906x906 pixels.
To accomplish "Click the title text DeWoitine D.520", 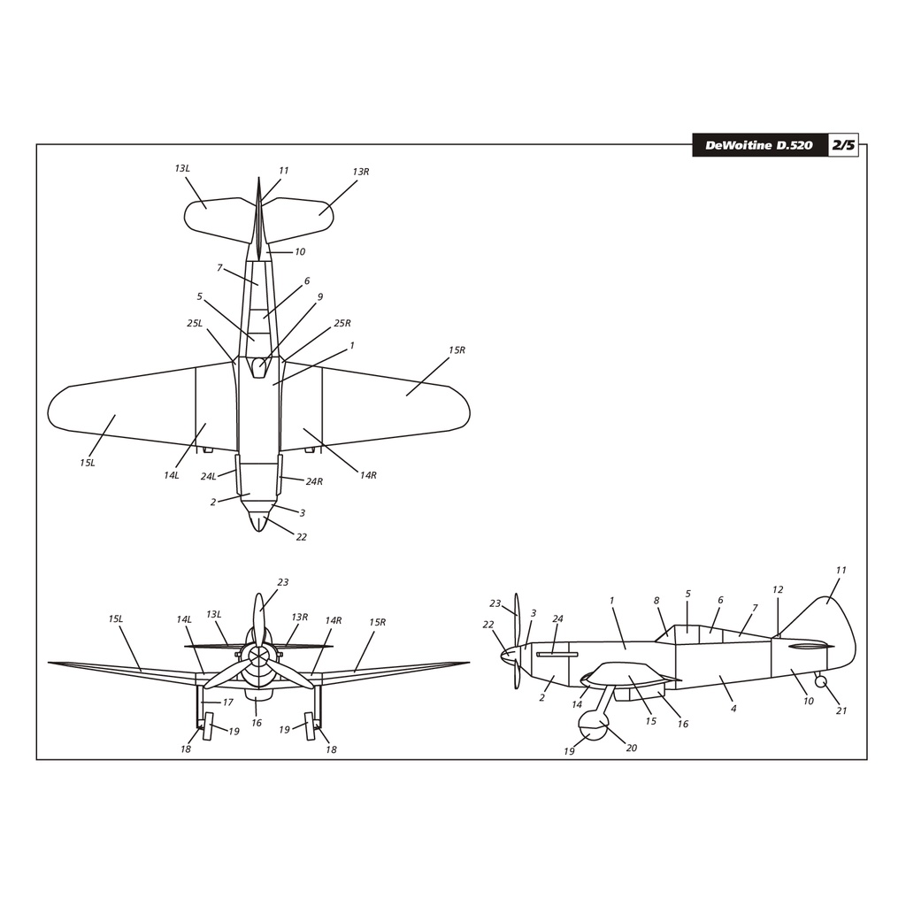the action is (758, 146).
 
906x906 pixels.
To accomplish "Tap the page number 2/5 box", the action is (843, 145).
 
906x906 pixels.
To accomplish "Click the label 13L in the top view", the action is (182, 168).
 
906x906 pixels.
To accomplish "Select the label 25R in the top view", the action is (342, 323).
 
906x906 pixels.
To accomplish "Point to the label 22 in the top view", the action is (301, 537).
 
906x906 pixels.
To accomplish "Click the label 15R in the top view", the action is (457, 350).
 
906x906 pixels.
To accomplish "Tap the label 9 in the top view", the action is (319, 297).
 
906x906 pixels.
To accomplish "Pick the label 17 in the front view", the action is (227, 702).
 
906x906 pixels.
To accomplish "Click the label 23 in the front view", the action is (282, 582).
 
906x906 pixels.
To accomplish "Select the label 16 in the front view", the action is (257, 722).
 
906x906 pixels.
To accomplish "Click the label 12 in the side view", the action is (778, 589).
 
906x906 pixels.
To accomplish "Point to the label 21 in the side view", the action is (841, 710).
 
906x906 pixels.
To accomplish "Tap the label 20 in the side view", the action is (632, 748).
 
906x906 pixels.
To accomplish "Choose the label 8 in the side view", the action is (656, 601).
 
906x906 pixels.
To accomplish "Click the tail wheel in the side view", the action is (820, 682).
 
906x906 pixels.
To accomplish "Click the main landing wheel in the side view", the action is (594, 726).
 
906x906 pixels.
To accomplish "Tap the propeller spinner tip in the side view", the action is (501, 655).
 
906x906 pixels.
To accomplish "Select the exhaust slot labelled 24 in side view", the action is (557, 655).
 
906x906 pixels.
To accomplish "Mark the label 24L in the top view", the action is (208, 476).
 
